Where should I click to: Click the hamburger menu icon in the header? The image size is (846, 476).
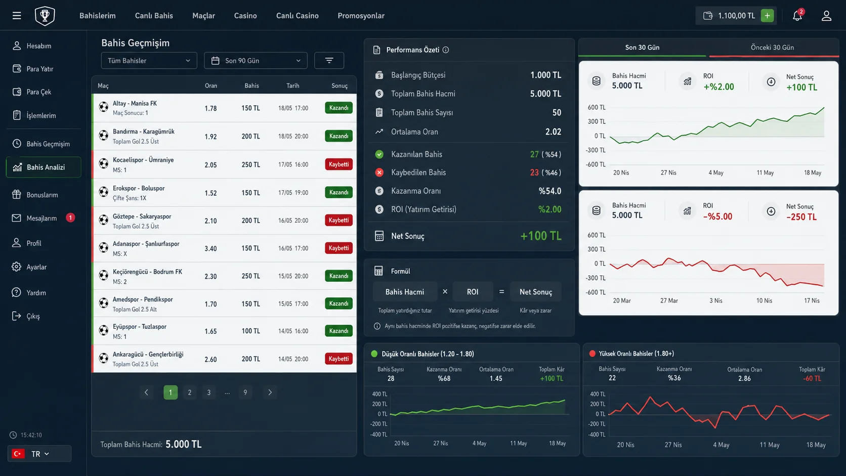[x=17, y=16]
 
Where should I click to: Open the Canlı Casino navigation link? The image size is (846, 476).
[x=297, y=16]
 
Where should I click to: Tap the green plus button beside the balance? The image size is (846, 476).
[x=767, y=16]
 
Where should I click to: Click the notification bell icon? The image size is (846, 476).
[x=797, y=16]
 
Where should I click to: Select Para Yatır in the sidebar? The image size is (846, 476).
[x=39, y=69]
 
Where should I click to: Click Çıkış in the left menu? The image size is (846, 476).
[x=33, y=316]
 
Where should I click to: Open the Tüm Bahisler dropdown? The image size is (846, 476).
[x=149, y=60]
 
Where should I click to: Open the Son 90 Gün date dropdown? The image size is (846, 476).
[x=256, y=60]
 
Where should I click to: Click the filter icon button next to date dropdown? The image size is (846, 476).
[x=329, y=60]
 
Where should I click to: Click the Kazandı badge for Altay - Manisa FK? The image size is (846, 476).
[x=339, y=108]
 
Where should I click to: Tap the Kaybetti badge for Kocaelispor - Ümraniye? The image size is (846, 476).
[x=339, y=164]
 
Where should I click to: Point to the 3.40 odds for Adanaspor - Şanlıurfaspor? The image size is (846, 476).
[x=211, y=248]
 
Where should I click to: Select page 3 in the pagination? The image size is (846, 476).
[x=209, y=393]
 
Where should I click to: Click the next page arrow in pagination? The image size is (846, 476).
[x=270, y=393]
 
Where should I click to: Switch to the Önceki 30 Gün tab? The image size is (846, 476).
[x=772, y=48]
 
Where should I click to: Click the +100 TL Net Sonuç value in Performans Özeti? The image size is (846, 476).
[x=541, y=236]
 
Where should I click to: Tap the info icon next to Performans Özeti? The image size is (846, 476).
[x=446, y=50]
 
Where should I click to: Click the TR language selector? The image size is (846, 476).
[x=39, y=453]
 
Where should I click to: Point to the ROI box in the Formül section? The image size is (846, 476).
[x=473, y=292]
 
